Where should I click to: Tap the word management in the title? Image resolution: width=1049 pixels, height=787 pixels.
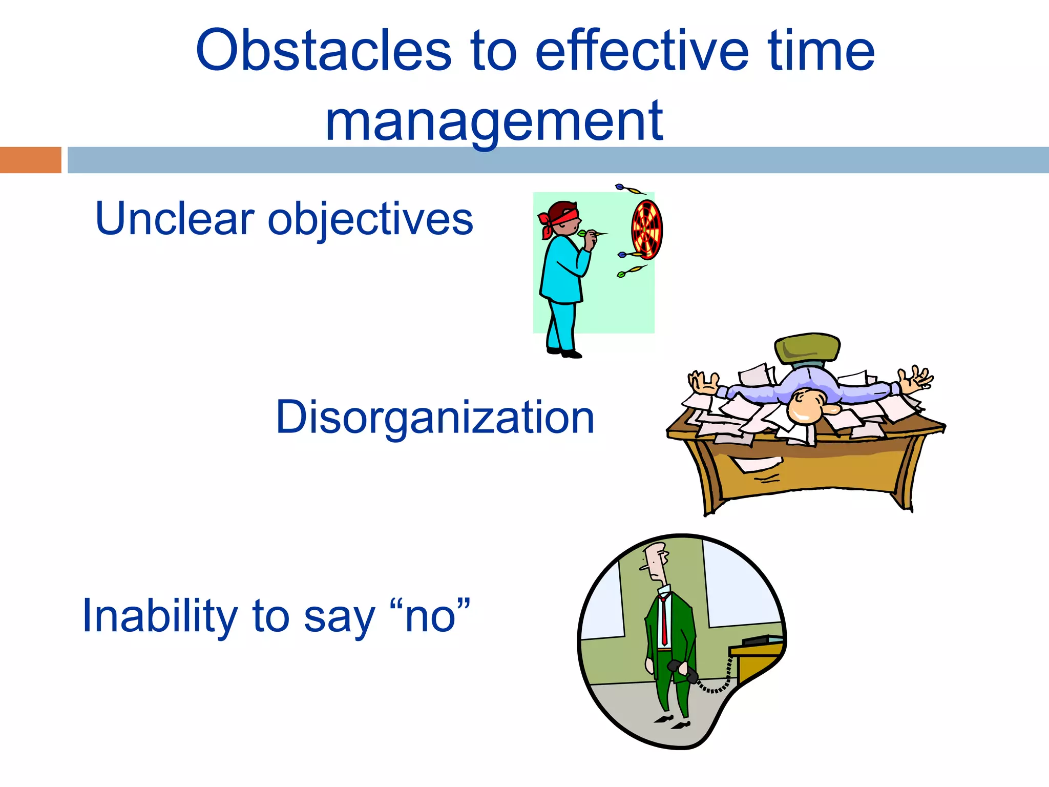pos(494,122)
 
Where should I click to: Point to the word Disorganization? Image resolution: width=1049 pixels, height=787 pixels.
pos(435,418)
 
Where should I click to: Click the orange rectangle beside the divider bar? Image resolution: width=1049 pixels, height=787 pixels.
pos(30,160)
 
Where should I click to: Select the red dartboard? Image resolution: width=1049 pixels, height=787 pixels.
pos(647,230)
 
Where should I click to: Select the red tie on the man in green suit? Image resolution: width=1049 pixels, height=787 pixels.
pos(664,620)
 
